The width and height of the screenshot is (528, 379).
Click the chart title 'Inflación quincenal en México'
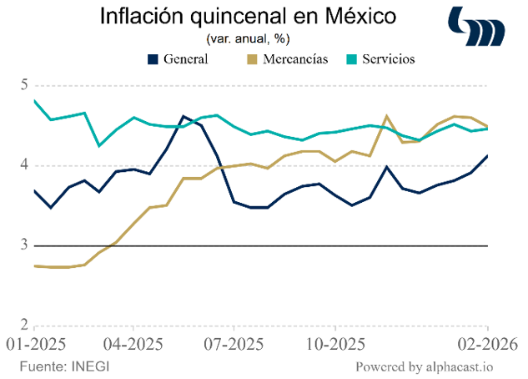(x=248, y=17)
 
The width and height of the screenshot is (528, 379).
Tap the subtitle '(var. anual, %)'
(x=248, y=38)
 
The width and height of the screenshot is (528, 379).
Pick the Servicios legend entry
(x=385, y=59)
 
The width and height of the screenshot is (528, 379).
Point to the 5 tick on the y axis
(x=25, y=85)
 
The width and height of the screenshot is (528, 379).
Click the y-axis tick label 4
(x=25, y=165)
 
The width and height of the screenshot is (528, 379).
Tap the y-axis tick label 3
(x=25, y=245)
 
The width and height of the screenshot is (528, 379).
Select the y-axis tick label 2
(x=25, y=325)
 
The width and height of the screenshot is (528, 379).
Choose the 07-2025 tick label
(x=234, y=344)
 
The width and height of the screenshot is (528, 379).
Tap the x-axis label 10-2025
(x=334, y=344)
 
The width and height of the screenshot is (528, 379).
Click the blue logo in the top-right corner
(x=476, y=27)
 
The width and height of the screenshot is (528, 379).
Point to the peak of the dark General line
(x=184, y=116)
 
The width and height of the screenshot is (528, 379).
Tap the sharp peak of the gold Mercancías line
(x=387, y=116)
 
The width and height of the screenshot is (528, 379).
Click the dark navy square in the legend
(x=153, y=59)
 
